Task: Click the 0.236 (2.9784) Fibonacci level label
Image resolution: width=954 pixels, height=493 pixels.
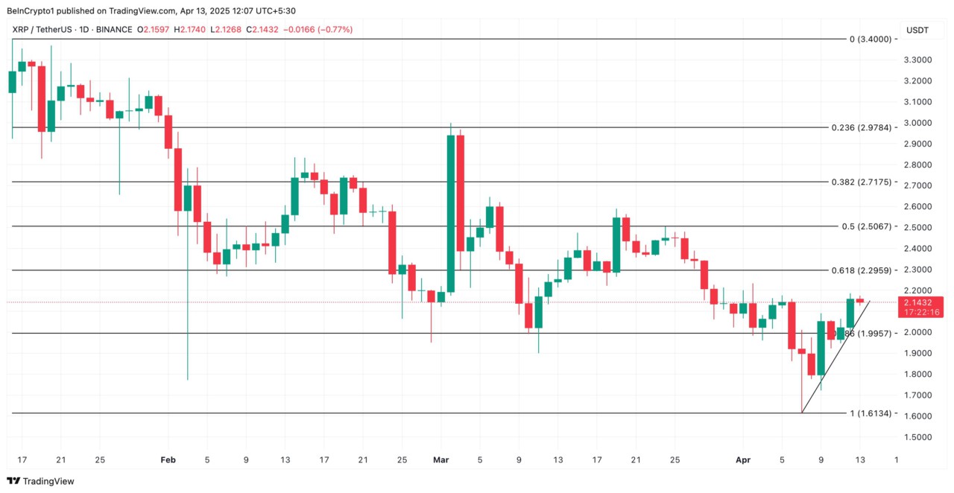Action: (x=861, y=127)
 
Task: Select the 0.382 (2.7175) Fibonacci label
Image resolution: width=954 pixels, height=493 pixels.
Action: (x=861, y=182)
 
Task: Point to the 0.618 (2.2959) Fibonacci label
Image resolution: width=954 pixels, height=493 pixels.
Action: (x=861, y=270)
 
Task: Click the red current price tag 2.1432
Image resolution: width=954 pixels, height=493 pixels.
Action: (x=921, y=303)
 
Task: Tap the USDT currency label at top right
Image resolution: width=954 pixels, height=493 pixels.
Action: (x=917, y=31)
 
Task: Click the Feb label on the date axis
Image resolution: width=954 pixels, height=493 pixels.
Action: (x=168, y=460)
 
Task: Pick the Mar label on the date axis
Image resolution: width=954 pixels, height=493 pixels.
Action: (x=440, y=460)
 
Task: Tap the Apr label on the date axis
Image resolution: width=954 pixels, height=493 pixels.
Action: (x=743, y=460)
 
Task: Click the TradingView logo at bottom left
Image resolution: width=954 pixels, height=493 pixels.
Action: (x=41, y=481)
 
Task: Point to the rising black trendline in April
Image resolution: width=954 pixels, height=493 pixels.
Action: (x=835, y=357)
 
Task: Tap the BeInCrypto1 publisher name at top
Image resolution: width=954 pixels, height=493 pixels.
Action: (x=33, y=10)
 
